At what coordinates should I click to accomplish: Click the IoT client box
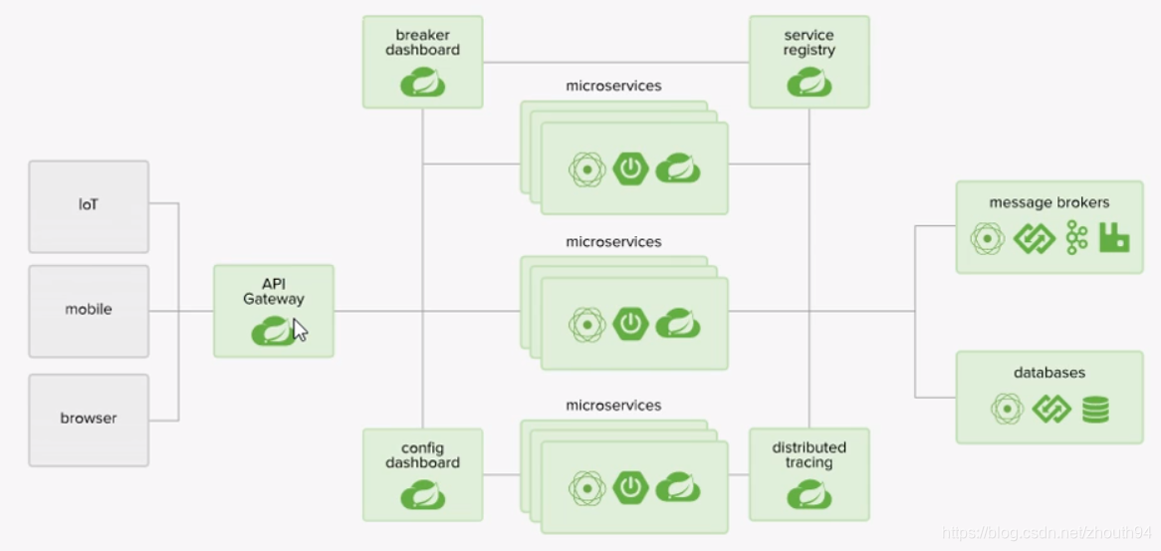click(89, 206)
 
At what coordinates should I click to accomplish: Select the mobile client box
click(89, 310)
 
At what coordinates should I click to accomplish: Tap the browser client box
click(89, 418)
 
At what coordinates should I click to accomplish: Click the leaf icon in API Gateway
click(271, 330)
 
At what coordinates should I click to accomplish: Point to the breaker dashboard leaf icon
click(422, 83)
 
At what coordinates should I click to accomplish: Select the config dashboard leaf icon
click(422, 495)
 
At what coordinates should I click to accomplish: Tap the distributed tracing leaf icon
click(809, 495)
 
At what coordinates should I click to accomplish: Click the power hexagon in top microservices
click(630, 169)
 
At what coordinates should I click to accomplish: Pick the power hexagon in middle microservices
click(630, 324)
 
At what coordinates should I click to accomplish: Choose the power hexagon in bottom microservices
click(630, 487)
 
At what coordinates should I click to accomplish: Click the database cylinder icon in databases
click(1095, 409)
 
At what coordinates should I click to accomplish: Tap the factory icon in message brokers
click(1114, 238)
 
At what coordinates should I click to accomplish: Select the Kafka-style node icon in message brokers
click(1076, 238)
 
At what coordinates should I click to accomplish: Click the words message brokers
click(1048, 203)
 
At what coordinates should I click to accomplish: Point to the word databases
click(1049, 373)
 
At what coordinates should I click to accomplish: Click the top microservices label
click(613, 86)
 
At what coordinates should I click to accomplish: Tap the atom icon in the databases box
click(1007, 409)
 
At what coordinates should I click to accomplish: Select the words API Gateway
click(274, 291)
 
